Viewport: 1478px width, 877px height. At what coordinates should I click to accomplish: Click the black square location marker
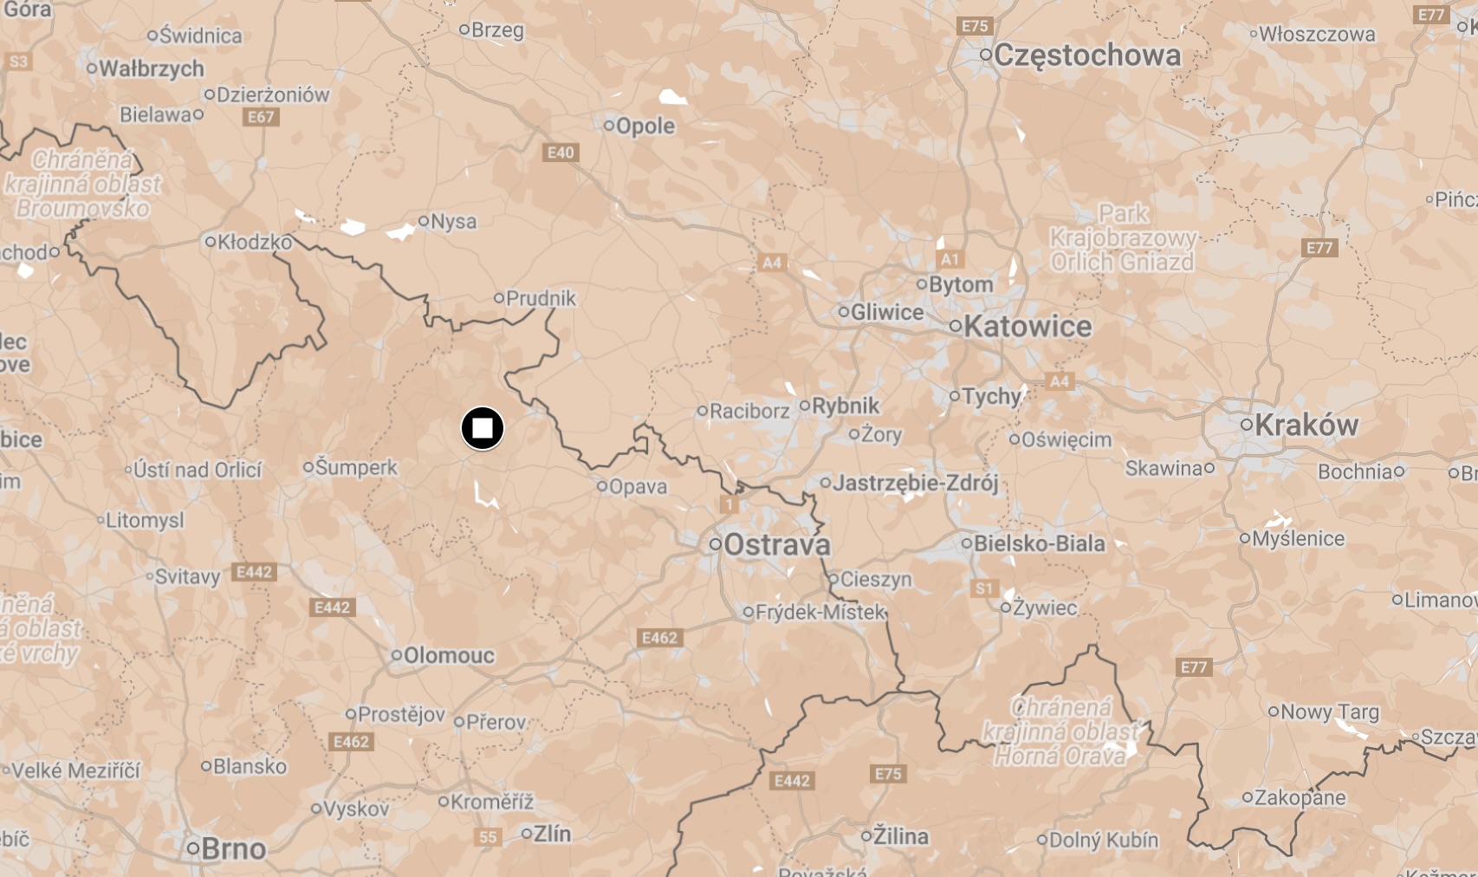(483, 428)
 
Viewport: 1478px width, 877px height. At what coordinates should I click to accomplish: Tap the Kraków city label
(1306, 425)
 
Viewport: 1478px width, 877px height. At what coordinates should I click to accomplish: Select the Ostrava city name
(776, 545)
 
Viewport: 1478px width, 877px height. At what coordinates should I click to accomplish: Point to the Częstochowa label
(1086, 55)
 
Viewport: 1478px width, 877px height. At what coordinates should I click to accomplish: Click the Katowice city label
(1027, 327)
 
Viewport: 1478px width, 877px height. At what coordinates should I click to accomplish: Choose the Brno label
(233, 848)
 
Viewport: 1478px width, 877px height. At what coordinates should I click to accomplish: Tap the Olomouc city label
(449, 655)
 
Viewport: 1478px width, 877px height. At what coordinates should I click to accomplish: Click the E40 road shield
(561, 153)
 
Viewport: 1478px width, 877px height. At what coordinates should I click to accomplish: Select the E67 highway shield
(261, 117)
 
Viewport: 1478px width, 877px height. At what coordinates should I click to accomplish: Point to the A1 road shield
(950, 259)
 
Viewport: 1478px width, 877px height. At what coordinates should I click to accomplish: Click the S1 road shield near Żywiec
(984, 588)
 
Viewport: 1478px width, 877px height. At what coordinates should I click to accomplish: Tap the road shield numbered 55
(489, 837)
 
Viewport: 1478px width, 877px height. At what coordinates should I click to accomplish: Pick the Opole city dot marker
(609, 126)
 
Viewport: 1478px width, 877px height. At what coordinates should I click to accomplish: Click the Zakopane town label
(1300, 797)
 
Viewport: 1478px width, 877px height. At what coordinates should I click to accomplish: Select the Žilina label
(900, 836)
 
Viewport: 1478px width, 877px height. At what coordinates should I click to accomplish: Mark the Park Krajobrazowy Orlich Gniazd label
(1123, 237)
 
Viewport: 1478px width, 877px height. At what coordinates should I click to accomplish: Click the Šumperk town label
(355, 467)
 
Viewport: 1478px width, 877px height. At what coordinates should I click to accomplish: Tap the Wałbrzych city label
(152, 68)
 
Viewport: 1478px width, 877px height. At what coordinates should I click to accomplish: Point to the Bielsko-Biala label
(1039, 543)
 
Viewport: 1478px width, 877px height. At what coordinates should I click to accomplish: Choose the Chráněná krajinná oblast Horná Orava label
(1061, 731)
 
